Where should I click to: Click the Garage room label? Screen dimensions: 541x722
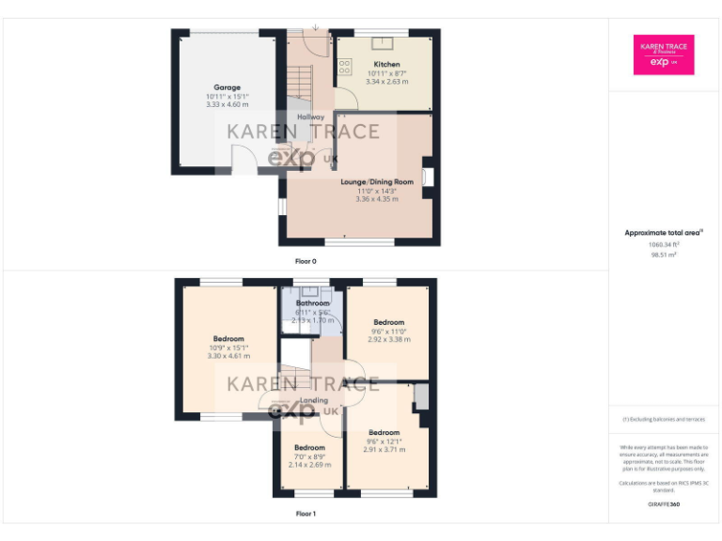(x=227, y=87)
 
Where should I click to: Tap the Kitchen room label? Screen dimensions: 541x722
(x=387, y=64)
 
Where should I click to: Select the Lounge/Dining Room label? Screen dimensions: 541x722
(x=377, y=181)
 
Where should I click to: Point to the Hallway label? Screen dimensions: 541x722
(x=310, y=116)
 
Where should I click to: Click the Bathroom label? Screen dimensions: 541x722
(x=313, y=303)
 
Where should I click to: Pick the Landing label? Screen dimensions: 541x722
(x=314, y=401)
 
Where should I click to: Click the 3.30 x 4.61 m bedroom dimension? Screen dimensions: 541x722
(x=228, y=357)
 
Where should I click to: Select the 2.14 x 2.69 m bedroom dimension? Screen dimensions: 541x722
(x=309, y=465)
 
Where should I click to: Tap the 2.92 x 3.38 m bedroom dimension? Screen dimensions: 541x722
(x=388, y=339)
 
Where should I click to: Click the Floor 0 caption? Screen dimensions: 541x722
(x=306, y=261)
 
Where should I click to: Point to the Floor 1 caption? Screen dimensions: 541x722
(x=306, y=514)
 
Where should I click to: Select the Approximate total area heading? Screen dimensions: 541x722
(x=664, y=233)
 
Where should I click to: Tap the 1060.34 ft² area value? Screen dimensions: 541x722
(x=665, y=244)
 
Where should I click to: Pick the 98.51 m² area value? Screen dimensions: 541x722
(x=665, y=255)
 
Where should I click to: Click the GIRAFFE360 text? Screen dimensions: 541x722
(x=664, y=504)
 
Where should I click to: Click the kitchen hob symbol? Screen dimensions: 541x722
(x=344, y=66)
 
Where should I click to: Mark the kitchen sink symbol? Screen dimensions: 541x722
(x=384, y=43)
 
